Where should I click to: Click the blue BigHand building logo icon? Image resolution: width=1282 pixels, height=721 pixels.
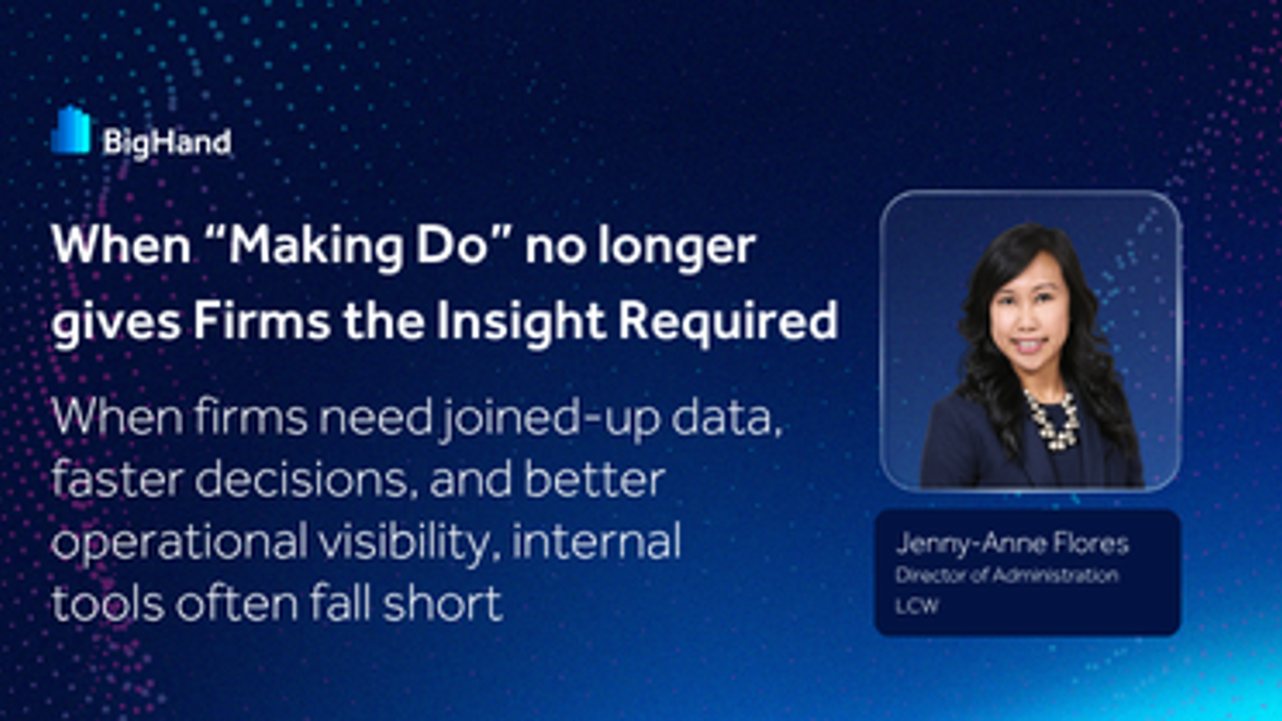(71, 130)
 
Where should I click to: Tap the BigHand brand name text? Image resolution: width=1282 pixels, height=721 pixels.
(167, 142)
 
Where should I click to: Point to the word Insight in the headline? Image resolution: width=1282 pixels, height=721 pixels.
(521, 321)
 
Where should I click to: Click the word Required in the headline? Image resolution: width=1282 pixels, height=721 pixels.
(728, 321)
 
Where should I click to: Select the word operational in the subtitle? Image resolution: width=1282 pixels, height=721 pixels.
(179, 542)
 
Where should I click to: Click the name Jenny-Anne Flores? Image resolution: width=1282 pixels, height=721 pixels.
(1012, 544)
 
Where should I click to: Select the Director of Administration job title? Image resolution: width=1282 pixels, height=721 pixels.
(1007, 575)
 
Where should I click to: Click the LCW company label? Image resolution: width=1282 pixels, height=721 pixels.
(917, 606)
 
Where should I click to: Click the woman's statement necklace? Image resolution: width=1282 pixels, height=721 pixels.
(1052, 420)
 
